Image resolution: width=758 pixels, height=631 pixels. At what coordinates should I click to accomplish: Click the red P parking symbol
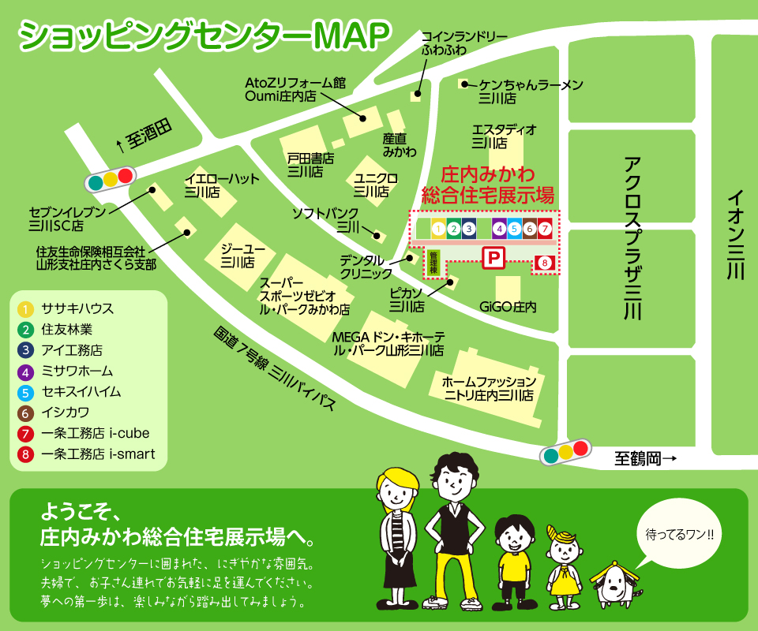pyautogui.click(x=493, y=257)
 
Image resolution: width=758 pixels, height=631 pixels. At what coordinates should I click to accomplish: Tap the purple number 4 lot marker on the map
pyautogui.click(x=499, y=230)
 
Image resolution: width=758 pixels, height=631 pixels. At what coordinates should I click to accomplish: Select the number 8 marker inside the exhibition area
pyautogui.click(x=543, y=262)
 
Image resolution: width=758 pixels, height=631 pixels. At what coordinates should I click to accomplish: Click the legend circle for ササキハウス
pyautogui.click(x=26, y=308)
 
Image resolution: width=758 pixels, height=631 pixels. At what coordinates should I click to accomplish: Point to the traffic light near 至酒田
pyautogui.click(x=110, y=179)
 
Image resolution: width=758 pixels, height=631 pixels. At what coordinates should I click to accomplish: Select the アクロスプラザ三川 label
pyautogui.click(x=631, y=237)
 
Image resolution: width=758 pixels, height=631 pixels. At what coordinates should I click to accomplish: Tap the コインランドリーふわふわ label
pyautogui.click(x=452, y=43)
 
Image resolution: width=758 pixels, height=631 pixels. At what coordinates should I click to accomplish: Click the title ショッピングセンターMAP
pyautogui.click(x=204, y=35)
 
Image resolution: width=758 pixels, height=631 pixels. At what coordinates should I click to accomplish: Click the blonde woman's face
pyautogui.click(x=397, y=490)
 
